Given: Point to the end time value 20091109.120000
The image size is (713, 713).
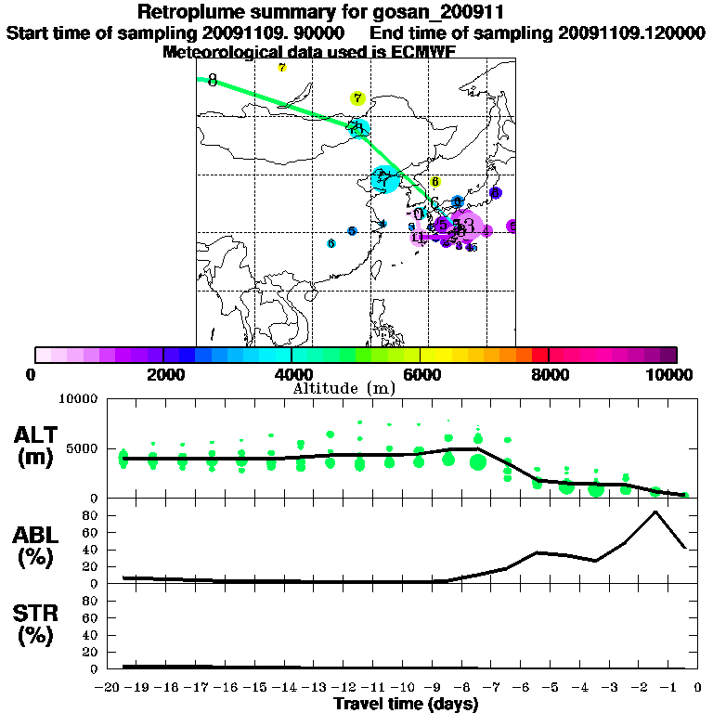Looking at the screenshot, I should click(630, 32).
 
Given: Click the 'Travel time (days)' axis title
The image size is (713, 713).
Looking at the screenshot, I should click(406, 705).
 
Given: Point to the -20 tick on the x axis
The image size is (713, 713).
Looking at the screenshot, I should click(110, 687).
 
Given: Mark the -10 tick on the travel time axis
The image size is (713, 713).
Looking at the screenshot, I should click(407, 687).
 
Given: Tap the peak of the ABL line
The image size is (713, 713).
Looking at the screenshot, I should click(655, 512).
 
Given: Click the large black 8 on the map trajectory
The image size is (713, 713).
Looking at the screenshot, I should click(213, 81).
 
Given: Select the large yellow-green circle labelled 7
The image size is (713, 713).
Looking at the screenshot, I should click(357, 98).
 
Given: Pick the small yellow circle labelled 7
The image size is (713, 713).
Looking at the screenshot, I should click(282, 67).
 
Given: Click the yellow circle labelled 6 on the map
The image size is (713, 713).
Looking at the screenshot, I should click(434, 182).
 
